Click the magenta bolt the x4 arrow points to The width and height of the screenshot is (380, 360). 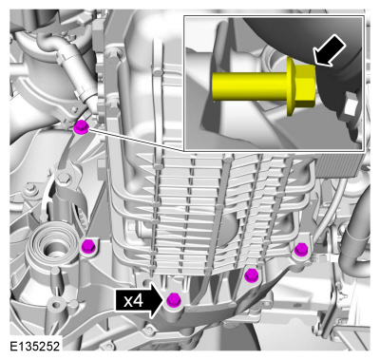[x=174, y=299]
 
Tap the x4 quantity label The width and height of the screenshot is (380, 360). [x=133, y=301]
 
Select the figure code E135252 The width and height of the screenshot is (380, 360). [x=34, y=346]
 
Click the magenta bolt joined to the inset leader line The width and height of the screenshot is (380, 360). [x=81, y=128]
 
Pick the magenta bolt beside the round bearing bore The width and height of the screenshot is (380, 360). [x=88, y=246]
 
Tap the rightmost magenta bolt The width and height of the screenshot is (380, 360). [x=300, y=250]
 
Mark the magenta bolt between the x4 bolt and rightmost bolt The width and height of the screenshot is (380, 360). [x=252, y=275]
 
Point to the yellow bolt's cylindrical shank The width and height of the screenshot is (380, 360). [x=250, y=86]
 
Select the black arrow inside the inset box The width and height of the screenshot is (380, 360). [x=329, y=50]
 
